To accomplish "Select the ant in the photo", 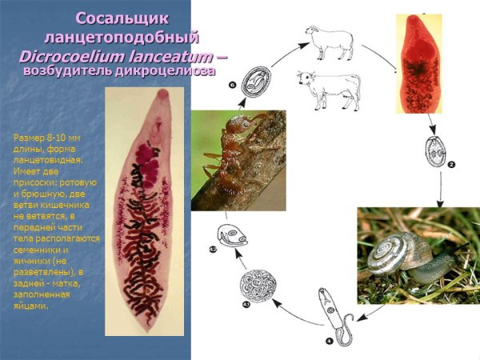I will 234,152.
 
